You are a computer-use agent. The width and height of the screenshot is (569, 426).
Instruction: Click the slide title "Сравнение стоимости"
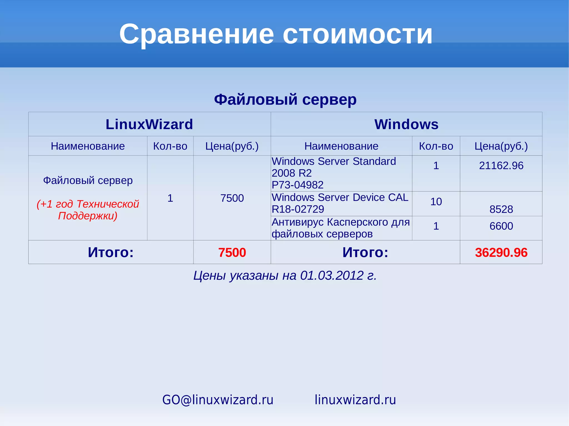(276, 34)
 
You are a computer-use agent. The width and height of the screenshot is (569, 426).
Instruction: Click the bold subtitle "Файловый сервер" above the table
(285, 99)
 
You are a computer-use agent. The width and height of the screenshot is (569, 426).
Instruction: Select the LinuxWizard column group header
(149, 124)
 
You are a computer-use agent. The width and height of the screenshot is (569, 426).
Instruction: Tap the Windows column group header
(406, 124)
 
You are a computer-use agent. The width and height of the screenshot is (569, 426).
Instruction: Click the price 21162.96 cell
(501, 166)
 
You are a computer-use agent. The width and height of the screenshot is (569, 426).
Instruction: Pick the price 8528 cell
(501, 209)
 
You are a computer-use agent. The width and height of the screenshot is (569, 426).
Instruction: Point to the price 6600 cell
(501, 226)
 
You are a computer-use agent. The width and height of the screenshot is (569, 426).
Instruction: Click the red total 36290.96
(501, 253)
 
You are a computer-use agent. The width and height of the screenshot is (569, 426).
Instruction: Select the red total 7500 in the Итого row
(232, 253)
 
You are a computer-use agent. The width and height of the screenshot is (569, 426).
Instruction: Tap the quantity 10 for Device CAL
(436, 201)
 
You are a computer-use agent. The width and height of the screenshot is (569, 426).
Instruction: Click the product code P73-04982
(298, 185)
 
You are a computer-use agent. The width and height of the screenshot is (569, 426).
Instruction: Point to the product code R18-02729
(298, 209)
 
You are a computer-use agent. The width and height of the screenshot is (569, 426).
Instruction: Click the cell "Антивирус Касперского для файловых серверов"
(341, 228)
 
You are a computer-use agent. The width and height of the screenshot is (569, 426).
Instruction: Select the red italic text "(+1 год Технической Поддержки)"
(88, 210)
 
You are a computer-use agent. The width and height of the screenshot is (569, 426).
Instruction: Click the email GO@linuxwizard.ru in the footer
(218, 400)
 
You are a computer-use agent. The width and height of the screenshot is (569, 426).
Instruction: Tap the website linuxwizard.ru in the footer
(355, 400)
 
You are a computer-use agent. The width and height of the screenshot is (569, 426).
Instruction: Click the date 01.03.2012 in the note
(332, 276)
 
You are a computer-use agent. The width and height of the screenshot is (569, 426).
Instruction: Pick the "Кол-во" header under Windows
(436, 146)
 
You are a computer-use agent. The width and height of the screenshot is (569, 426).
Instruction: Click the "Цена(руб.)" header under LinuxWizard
(232, 146)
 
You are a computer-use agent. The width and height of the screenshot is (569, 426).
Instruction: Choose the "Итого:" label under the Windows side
(365, 253)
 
